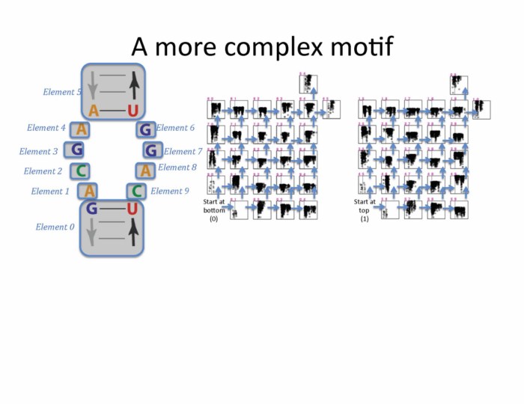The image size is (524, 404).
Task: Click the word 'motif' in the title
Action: click(x=358, y=46)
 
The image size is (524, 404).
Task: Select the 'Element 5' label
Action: click(x=62, y=92)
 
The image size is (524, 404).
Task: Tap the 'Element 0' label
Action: click(x=55, y=227)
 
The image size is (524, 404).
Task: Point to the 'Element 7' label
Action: click(x=183, y=152)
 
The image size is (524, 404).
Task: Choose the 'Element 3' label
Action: click(x=39, y=152)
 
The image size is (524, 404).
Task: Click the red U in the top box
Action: click(x=132, y=111)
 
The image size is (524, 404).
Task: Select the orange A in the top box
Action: click(x=94, y=111)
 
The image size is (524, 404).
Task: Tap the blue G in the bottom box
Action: click(x=91, y=209)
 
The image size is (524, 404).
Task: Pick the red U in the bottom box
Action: click(x=132, y=209)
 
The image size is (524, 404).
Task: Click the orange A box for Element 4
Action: click(x=81, y=130)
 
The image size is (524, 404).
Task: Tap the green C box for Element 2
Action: click(x=79, y=171)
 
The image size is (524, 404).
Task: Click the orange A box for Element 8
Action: click(x=145, y=171)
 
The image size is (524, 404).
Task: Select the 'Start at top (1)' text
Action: click(x=365, y=206)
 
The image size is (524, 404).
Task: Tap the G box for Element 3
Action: click(x=76, y=150)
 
